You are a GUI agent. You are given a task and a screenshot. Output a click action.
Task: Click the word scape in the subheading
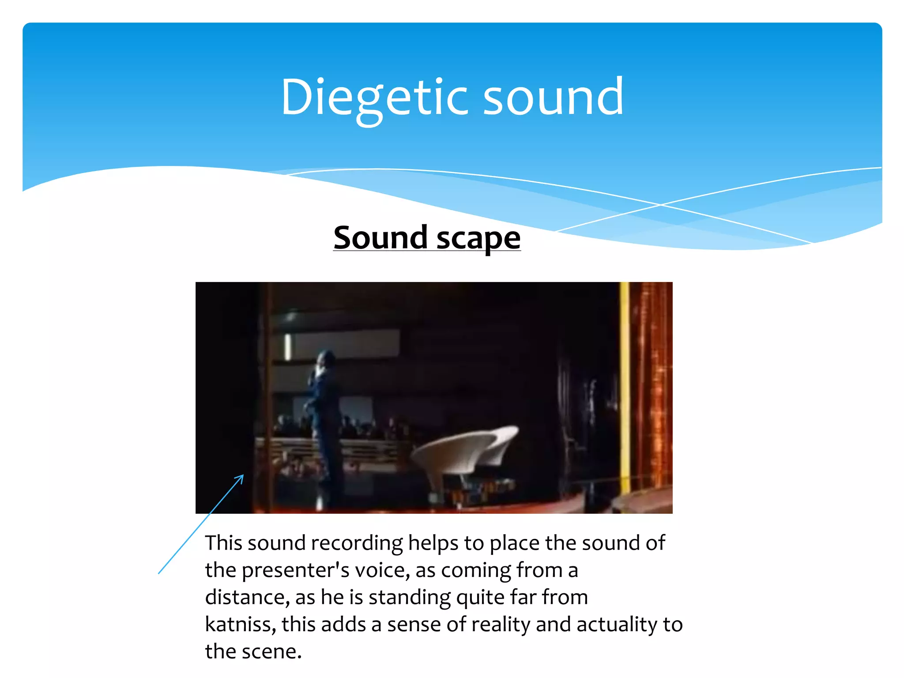click(478, 238)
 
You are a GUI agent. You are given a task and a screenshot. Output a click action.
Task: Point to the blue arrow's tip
click(243, 475)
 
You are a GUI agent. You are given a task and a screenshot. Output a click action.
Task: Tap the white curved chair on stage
click(463, 455)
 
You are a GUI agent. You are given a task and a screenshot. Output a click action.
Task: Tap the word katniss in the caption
click(240, 624)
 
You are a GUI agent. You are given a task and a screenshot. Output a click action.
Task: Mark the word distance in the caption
click(247, 597)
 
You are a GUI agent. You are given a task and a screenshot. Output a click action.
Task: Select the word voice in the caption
click(381, 570)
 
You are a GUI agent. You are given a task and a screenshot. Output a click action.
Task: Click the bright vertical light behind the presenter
click(288, 347)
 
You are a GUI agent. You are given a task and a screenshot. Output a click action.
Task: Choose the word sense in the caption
click(413, 624)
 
